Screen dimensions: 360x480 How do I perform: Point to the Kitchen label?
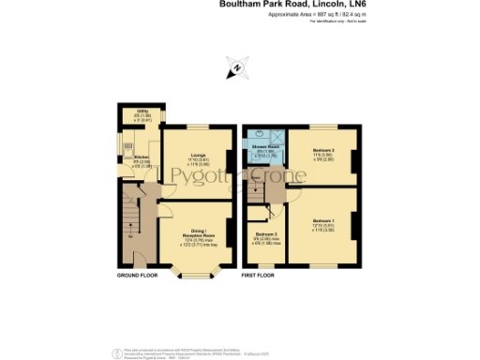tap(142, 157)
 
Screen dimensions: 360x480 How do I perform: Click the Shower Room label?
tap(263, 147)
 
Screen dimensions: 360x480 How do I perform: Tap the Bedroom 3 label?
tap(266, 234)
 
